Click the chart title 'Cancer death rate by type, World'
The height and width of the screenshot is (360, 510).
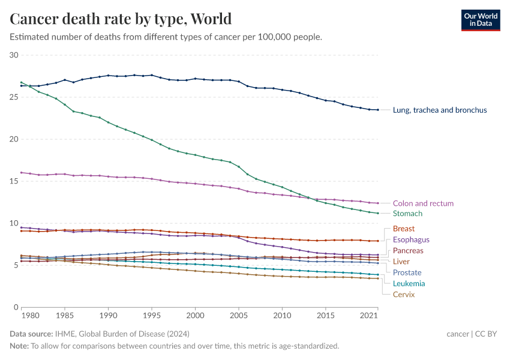(121, 19)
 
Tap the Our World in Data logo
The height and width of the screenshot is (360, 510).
(480, 19)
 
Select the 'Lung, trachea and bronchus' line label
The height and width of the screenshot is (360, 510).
(439, 110)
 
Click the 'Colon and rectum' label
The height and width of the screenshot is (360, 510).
(423, 203)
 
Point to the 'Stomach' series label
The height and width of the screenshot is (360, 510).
(407, 214)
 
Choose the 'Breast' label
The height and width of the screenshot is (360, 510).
(403, 229)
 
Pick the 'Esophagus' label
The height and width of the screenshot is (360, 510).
(411, 240)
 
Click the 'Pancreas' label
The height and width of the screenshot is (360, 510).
(408, 251)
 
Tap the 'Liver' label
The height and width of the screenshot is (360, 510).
(401, 262)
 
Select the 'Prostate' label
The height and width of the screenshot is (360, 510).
(407, 272)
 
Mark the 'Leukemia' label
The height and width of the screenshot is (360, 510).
(409, 283)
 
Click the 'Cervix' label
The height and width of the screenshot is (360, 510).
(403, 295)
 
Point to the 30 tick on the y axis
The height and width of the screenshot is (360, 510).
(14, 55)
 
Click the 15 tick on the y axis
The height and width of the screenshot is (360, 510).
(14, 181)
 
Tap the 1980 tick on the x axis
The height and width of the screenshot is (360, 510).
(30, 315)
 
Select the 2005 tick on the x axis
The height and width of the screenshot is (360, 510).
(239, 315)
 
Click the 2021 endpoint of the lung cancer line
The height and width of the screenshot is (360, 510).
(377, 110)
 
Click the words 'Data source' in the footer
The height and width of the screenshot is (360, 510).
(31, 334)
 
